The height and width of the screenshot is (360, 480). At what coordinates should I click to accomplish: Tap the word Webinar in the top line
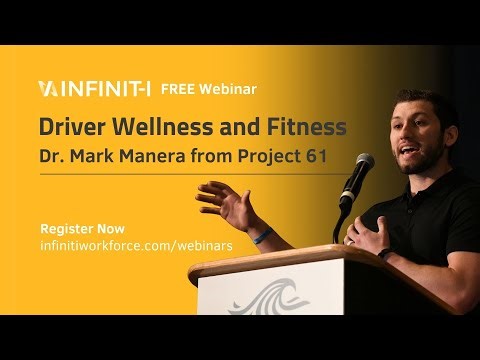[228, 88]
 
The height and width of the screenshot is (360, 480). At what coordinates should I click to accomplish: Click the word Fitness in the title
[304, 128]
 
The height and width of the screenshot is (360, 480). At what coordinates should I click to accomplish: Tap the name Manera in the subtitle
[169, 158]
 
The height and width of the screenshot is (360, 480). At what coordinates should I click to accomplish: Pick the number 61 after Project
[336, 158]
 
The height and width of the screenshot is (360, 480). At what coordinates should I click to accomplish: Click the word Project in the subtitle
[287, 158]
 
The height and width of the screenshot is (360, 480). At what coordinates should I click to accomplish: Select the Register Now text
[78, 226]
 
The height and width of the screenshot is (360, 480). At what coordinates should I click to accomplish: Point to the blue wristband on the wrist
[262, 237]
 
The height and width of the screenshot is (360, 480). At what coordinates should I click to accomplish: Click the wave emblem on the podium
[270, 297]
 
